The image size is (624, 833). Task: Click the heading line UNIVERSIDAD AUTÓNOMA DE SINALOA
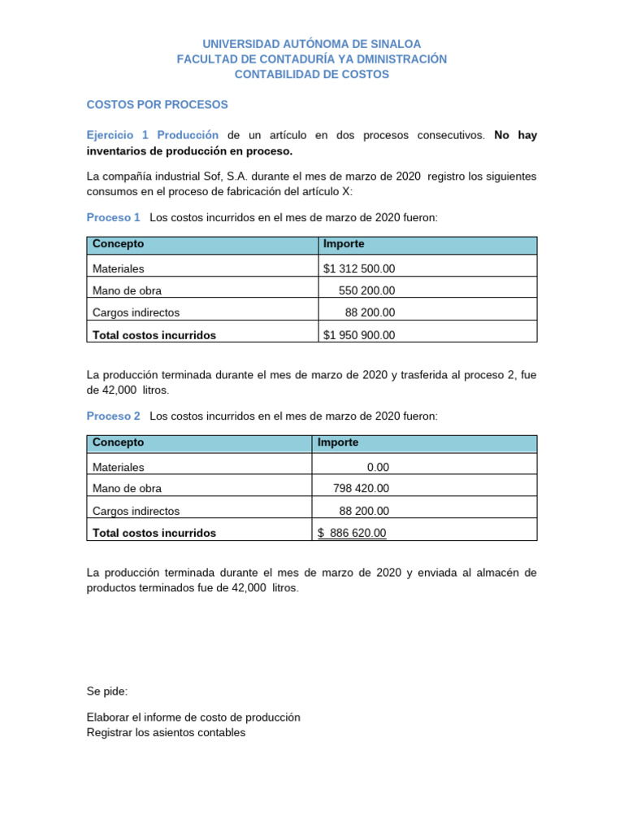[x=312, y=44]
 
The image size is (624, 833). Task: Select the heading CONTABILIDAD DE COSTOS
[x=312, y=74]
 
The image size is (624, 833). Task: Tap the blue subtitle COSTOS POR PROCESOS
[x=158, y=105]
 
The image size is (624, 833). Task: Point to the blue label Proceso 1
[x=114, y=217]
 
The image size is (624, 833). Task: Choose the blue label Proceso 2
[x=114, y=416]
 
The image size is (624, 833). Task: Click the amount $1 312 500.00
[x=359, y=268]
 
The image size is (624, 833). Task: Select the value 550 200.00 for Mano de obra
[x=366, y=290]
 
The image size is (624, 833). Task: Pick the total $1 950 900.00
[x=359, y=334]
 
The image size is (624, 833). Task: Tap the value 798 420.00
[x=361, y=488]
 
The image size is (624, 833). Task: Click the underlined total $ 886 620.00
[x=352, y=533]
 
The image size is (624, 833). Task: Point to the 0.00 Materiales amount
[x=378, y=467]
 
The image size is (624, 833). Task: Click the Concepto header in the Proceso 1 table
[x=119, y=244]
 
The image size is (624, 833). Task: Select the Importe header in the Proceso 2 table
[x=338, y=443]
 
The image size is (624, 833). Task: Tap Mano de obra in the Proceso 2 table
[x=128, y=489]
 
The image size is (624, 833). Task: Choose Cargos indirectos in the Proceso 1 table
[x=136, y=312]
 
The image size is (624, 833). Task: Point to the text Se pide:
[x=107, y=691]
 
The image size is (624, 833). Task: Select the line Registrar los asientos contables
[x=166, y=732]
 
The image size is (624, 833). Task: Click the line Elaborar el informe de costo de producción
[x=193, y=717]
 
